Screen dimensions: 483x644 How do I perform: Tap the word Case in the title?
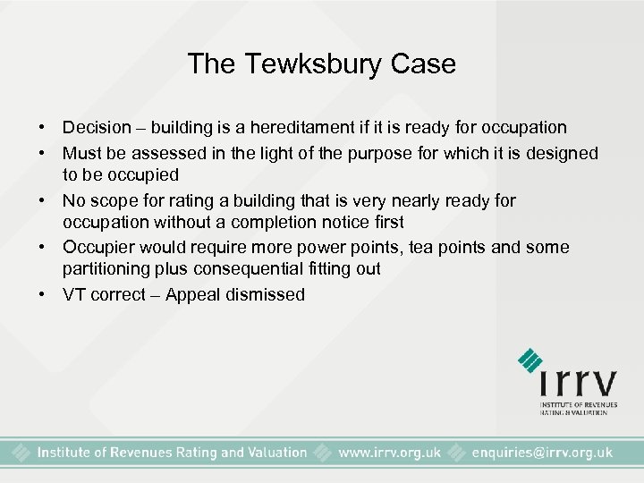(x=425, y=64)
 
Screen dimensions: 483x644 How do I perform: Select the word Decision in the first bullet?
(x=100, y=128)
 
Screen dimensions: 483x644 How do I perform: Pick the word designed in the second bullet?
(x=561, y=154)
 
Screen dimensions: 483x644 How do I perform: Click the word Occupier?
(x=99, y=248)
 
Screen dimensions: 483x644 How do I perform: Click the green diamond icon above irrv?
(x=530, y=360)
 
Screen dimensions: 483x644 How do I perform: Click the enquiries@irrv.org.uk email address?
(x=542, y=453)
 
